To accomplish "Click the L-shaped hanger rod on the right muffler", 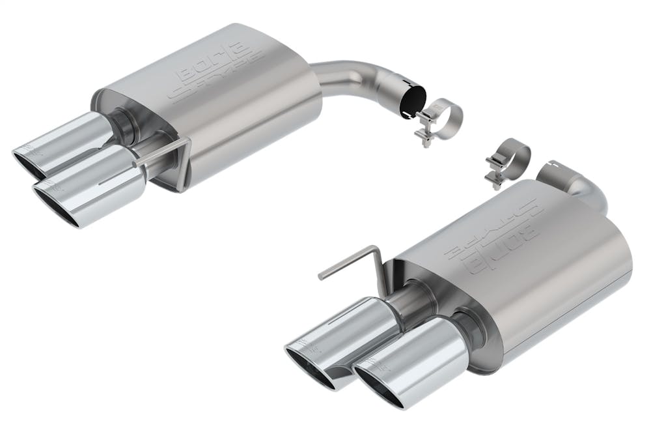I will [352, 264].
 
